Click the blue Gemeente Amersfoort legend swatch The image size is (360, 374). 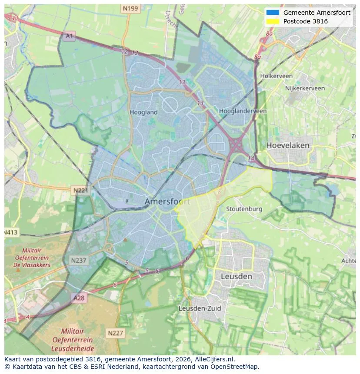click(273, 13)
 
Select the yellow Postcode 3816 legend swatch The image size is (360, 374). click(273, 21)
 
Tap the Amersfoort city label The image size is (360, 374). click(167, 202)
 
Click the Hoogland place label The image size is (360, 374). click(143, 112)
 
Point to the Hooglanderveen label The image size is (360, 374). click(243, 111)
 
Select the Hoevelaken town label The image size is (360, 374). click(288, 145)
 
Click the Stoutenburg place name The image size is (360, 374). click(244, 209)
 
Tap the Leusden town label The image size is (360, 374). click(236, 276)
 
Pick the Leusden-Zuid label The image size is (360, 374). click(200, 308)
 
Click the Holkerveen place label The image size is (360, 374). click(276, 76)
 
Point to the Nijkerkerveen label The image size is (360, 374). click(305, 88)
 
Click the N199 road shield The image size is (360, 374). click(130, 8)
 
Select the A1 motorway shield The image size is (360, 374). click(69, 36)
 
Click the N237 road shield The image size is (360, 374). click(78, 260)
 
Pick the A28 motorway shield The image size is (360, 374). click(79, 298)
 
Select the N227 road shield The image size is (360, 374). click(115, 333)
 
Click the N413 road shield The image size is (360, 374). click(11, 232)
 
